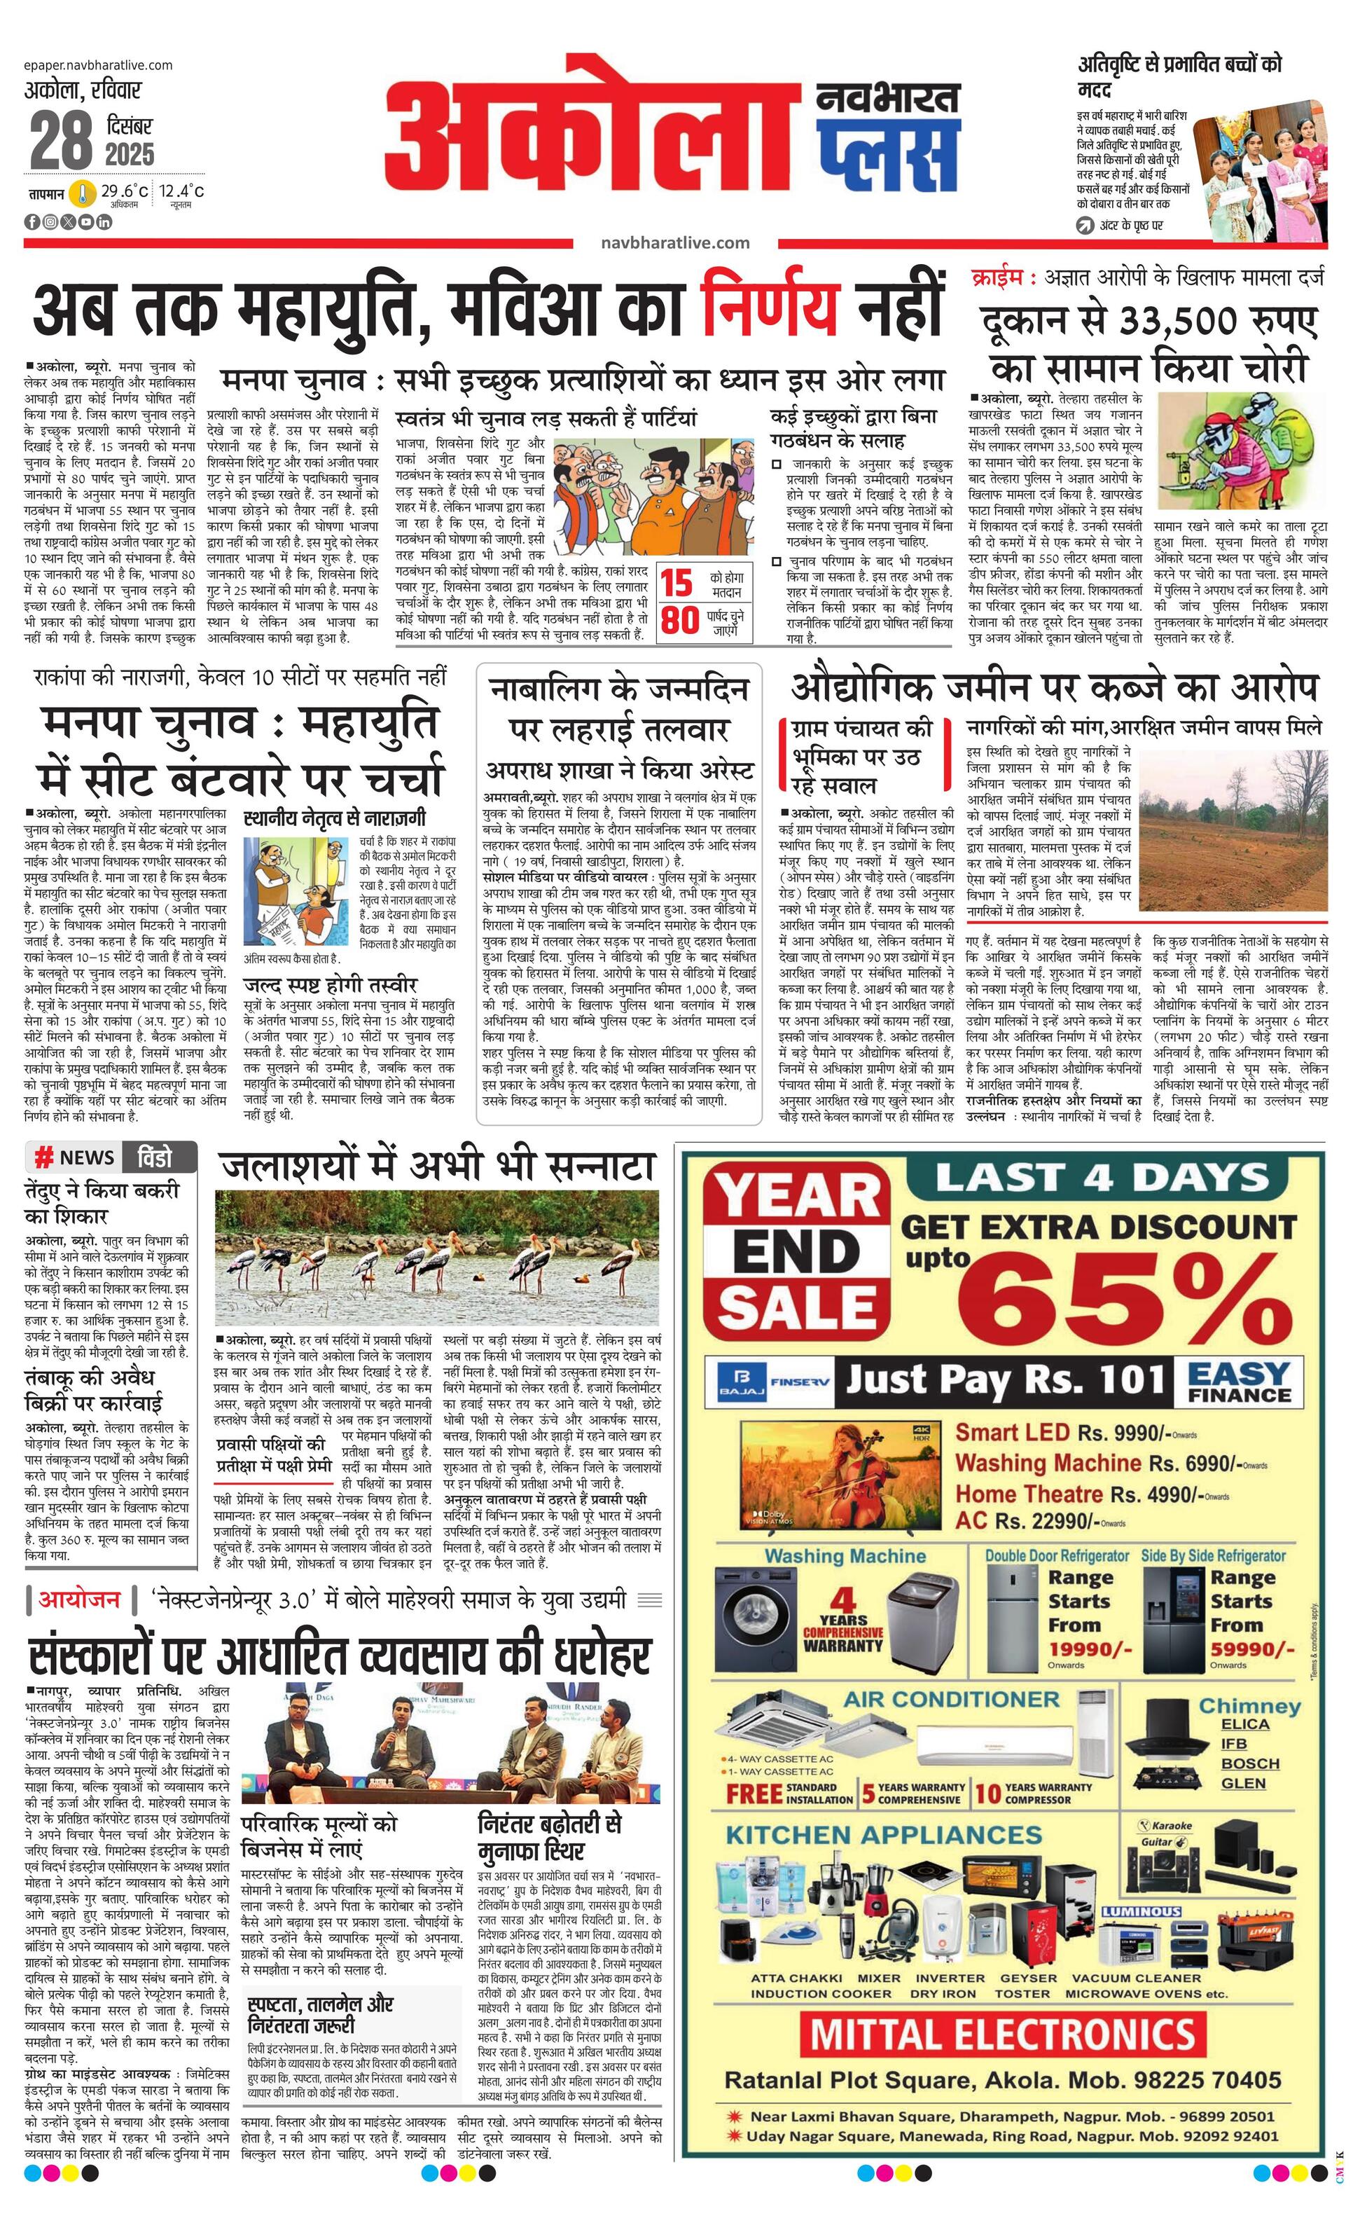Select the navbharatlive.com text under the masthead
(674, 242)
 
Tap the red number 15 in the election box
(676, 584)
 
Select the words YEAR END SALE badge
(796, 1248)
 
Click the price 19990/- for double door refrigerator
(1090, 1650)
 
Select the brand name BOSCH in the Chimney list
(1249, 1763)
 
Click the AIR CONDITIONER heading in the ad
(951, 1700)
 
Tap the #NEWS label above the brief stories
(74, 1157)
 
